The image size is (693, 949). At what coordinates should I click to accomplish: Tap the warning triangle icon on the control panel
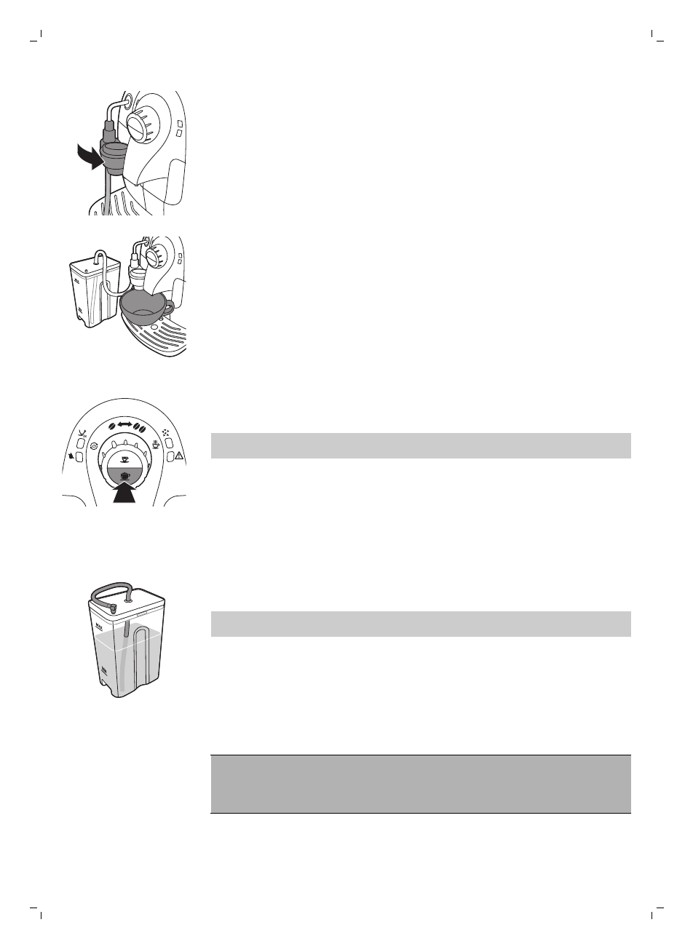[179, 456]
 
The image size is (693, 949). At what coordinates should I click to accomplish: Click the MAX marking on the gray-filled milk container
[98, 626]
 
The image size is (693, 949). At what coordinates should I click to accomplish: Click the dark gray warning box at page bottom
[420, 784]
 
